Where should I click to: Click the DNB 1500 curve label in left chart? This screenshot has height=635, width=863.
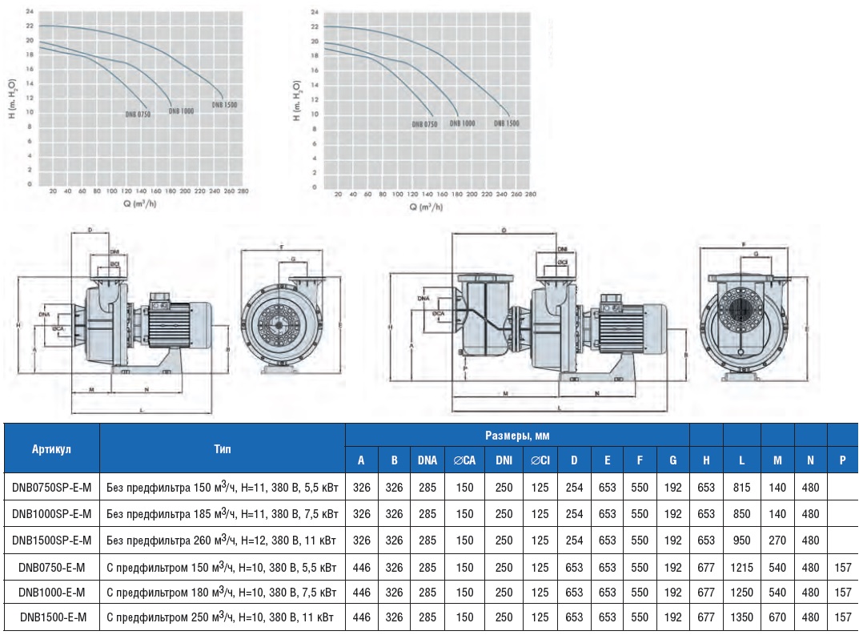pos(225,105)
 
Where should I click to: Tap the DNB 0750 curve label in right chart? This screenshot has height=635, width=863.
pos(424,124)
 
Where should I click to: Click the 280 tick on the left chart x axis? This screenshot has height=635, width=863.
pos(243,191)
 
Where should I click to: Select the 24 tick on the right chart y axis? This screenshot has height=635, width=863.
pos(315,13)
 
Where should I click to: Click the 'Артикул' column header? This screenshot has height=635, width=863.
pos(52,448)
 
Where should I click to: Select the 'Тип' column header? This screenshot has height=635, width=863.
pos(223,448)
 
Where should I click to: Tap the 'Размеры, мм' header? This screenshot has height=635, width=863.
pos(517,436)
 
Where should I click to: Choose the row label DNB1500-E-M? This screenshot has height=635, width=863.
pos(52,617)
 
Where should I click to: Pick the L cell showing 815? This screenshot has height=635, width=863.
pos(742,488)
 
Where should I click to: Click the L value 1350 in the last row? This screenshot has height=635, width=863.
pos(742,617)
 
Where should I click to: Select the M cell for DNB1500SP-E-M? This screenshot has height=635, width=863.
pos(777,541)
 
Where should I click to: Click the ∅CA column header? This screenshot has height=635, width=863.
pos(464,460)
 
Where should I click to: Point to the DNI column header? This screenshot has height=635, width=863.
pos(504,460)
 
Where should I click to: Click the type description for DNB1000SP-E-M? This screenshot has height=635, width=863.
pos(223,514)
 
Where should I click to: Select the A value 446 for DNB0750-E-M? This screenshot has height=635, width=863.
pos(361,566)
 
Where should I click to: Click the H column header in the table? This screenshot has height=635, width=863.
pos(706,460)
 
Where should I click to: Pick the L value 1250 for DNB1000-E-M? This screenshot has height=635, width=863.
pos(742,592)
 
